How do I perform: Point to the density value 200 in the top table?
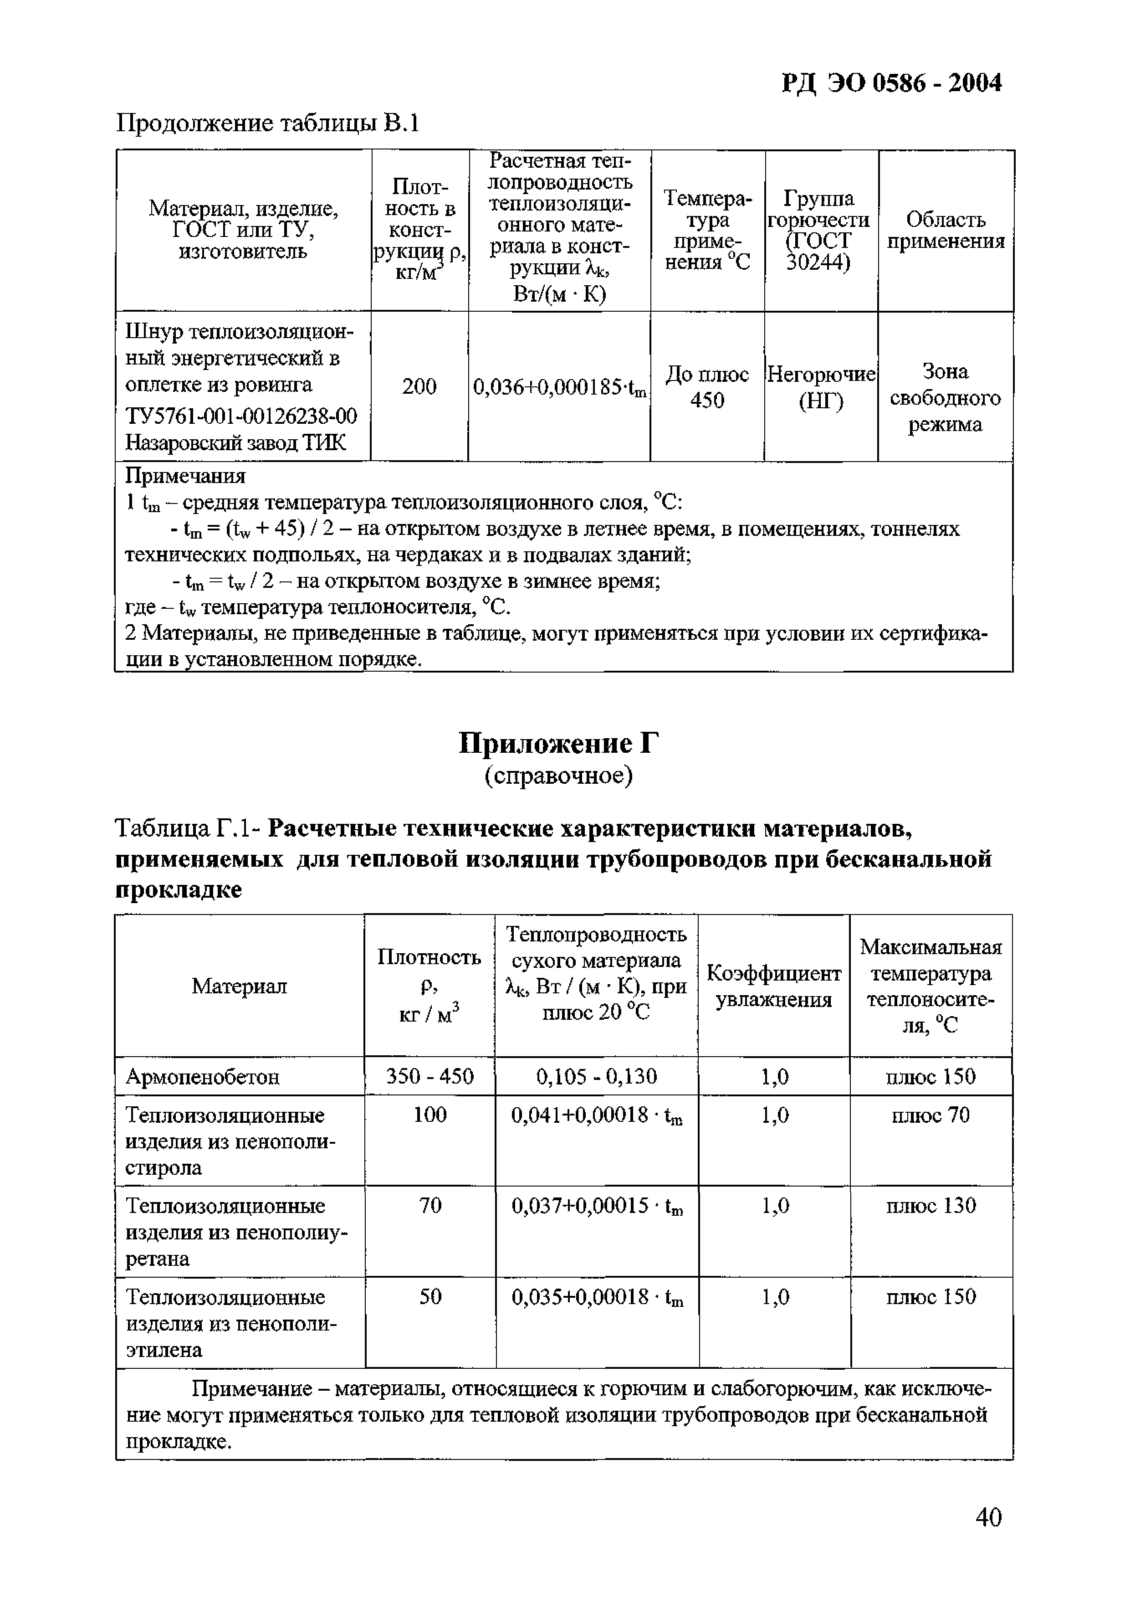[419, 386]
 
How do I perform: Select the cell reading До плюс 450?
[707, 387]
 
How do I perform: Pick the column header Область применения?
[946, 231]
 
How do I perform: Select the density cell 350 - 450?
[430, 1077]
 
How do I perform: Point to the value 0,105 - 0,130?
[596, 1077]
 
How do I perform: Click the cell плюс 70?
[931, 1115]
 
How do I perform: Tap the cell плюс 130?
[931, 1206]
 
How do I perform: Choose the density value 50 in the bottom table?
[430, 1297]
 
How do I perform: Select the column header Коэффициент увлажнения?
[774, 986]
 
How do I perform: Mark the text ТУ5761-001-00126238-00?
[241, 416]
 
